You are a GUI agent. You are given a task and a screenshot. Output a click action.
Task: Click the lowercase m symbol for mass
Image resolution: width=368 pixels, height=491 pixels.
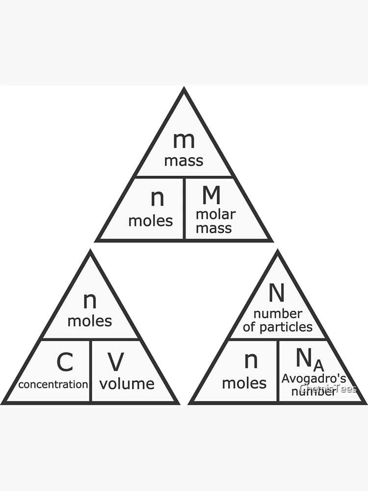tap(184, 140)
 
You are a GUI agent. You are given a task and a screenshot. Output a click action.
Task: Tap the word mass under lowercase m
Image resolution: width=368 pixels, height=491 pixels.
tap(184, 161)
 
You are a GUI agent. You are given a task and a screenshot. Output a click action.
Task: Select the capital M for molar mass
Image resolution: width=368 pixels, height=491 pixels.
tap(211, 195)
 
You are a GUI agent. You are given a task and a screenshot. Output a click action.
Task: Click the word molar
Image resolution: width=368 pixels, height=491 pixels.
tap(216, 215)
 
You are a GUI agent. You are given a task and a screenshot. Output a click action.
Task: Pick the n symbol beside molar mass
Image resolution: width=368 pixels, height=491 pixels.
tap(157, 198)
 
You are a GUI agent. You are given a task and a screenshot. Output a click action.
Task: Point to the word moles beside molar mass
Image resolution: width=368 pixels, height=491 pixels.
tap(151, 221)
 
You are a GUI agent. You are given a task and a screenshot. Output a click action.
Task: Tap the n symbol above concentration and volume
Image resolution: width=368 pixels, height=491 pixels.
tap(90, 300)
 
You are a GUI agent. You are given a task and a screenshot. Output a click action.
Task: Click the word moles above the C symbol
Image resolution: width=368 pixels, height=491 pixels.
tap(90, 321)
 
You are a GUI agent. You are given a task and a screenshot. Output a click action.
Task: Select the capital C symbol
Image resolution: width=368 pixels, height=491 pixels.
tap(65, 362)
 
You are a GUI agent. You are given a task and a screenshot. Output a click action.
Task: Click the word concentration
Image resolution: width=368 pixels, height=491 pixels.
tap(53, 384)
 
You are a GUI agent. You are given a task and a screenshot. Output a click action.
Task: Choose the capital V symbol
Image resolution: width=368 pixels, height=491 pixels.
tap(116, 362)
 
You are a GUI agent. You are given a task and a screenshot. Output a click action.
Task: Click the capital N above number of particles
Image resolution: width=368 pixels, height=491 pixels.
tap(277, 293)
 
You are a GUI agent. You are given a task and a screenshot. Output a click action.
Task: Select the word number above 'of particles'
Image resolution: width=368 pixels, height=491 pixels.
tap(278, 314)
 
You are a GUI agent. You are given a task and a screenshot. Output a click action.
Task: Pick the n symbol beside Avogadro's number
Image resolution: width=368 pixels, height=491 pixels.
tap(251, 361)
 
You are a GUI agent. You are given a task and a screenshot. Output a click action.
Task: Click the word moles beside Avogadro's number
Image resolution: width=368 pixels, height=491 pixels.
tap(244, 383)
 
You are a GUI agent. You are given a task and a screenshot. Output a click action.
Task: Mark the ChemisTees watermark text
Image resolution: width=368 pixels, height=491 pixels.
tap(328, 389)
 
